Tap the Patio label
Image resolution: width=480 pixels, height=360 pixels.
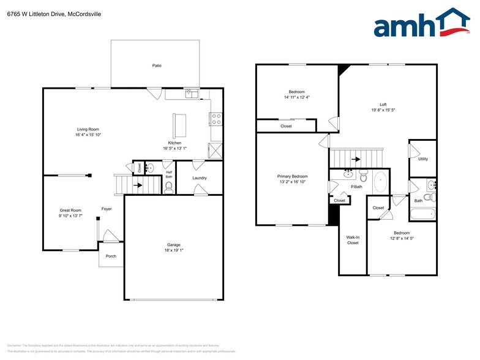pyautogui.click(x=157, y=66)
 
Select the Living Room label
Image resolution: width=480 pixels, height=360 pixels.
pyautogui.click(x=88, y=129)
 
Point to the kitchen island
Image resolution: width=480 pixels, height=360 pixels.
pyautogui.click(x=180, y=125)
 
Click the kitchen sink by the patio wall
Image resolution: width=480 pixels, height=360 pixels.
pyautogui.click(x=192, y=94)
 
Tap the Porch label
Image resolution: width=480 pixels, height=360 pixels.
pyautogui.click(x=111, y=256)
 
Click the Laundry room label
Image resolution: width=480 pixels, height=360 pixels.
pyautogui.click(x=200, y=178)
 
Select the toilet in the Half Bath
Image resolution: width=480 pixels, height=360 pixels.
pyautogui.click(x=169, y=187)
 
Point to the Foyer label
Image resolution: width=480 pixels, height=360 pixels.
pyautogui.click(x=107, y=209)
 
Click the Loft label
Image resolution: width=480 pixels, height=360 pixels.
pyautogui.click(x=383, y=105)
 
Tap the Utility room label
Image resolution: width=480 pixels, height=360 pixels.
pyautogui.click(x=423, y=159)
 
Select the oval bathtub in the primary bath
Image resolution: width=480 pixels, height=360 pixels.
pyautogui.click(x=380, y=183)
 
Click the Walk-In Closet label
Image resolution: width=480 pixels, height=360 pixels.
pyautogui.click(x=353, y=239)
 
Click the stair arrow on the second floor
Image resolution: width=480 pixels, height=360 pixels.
pyautogui.click(x=355, y=158)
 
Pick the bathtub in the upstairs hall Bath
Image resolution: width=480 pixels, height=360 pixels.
pyautogui.click(x=422, y=215)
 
